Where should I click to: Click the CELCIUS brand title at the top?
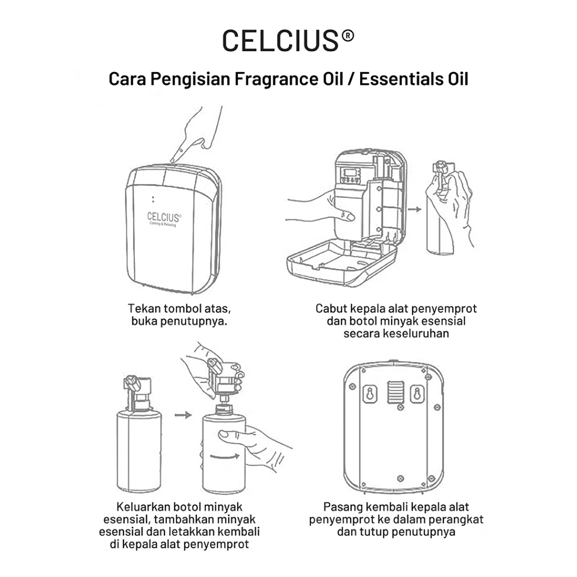[281, 40]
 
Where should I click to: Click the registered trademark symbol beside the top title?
[348, 35]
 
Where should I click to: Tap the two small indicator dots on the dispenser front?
[153, 199]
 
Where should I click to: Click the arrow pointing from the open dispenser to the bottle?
[415, 209]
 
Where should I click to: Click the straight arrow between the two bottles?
[183, 415]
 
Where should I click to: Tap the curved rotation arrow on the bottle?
[225, 456]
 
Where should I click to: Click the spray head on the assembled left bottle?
[138, 392]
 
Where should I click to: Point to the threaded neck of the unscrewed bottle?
[224, 409]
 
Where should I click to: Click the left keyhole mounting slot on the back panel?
[370, 394]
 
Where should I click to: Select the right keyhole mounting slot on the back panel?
[417, 394]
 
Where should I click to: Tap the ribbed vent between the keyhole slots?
[396, 392]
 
